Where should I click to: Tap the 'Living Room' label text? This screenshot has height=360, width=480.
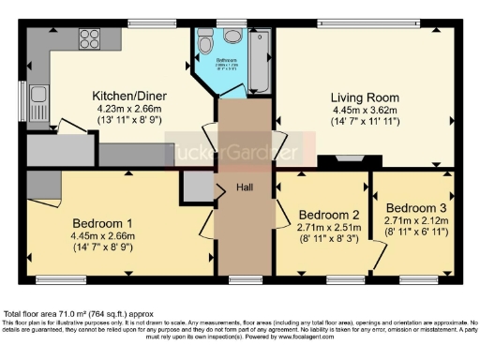pyautogui.click(x=365, y=97)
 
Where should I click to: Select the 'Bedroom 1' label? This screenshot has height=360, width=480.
pyautogui.click(x=102, y=223)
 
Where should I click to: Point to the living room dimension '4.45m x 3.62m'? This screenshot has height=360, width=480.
pyautogui.click(x=365, y=110)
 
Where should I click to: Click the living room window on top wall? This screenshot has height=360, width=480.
pyautogui.click(x=365, y=22)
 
